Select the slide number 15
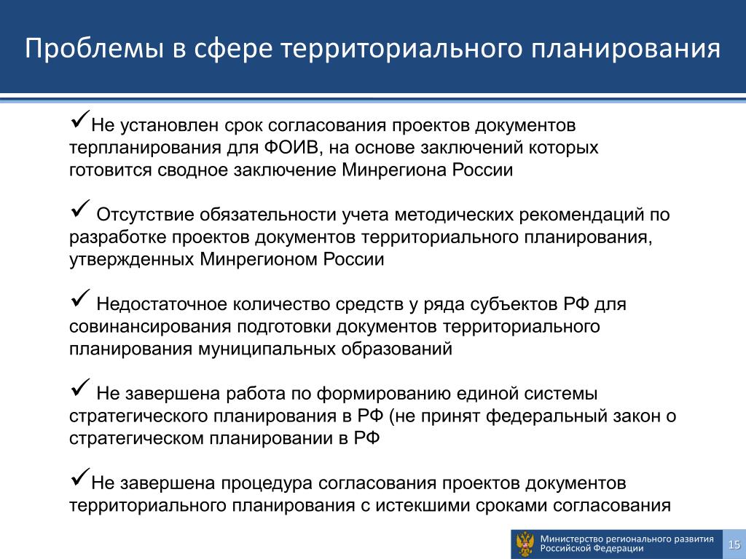734,544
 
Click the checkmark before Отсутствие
80,208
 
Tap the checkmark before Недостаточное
80,298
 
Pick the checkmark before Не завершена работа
80,387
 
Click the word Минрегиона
393,170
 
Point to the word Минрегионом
259,260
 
